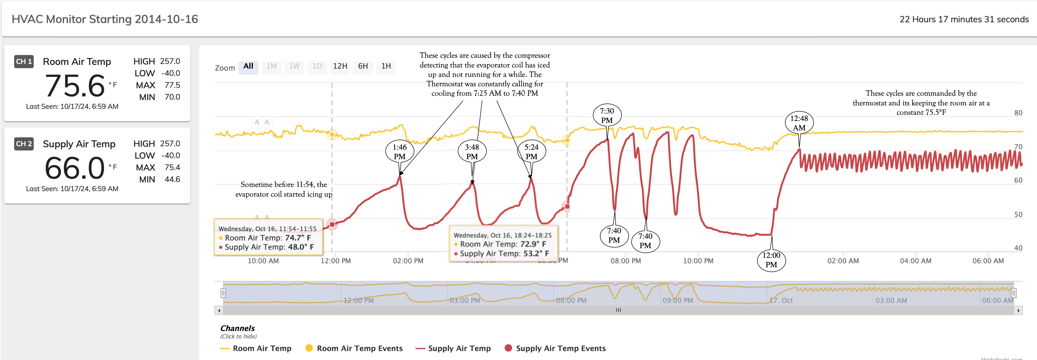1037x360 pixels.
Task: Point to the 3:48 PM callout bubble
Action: [472, 152]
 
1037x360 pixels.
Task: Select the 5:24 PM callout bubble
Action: [531, 152]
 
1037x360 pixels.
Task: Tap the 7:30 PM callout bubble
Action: [607, 116]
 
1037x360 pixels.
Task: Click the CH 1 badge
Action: [24, 61]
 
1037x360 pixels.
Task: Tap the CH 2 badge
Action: [24, 144]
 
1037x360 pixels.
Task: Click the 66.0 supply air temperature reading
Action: [75, 168]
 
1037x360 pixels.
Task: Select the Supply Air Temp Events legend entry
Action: [555, 348]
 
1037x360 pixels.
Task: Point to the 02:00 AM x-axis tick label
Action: [843, 261]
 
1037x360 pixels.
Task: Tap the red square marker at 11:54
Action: [332, 224]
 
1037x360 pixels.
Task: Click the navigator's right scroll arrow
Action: [1018, 310]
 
